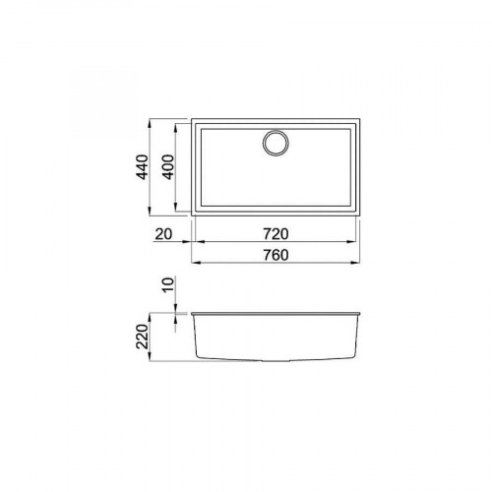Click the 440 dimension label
[x=143, y=172]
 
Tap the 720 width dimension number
[x=276, y=234]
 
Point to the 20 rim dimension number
[x=162, y=234]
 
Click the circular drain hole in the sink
[x=276, y=143]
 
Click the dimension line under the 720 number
[x=276, y=245]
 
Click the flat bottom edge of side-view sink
[x=276, y=359]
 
